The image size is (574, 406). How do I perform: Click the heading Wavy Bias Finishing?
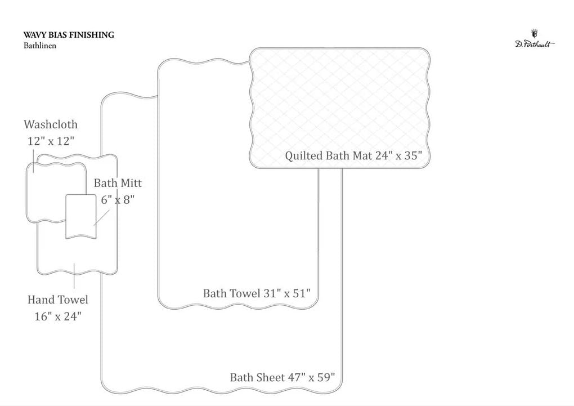click(69, 35)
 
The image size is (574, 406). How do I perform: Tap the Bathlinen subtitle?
click(40, 46)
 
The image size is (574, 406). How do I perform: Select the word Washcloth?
click(51, 124)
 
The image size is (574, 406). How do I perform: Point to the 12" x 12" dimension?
click(51, 141)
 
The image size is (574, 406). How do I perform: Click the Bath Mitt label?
click(118, 183)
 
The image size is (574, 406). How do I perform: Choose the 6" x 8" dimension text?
click(118, 200)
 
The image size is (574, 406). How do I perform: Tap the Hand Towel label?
click(58, 300)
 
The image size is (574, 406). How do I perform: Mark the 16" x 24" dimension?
click(58, 316)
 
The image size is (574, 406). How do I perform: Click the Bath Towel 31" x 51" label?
click(257, 293)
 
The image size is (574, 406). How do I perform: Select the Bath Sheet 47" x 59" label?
click(282, 377)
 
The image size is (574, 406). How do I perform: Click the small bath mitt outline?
click(81, 217)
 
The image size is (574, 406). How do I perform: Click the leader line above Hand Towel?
click(74, 275)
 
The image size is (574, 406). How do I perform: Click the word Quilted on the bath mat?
click(304, 156)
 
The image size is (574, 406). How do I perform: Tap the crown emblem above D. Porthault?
click(535, 33)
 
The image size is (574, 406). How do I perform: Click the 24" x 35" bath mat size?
click(398, 155)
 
